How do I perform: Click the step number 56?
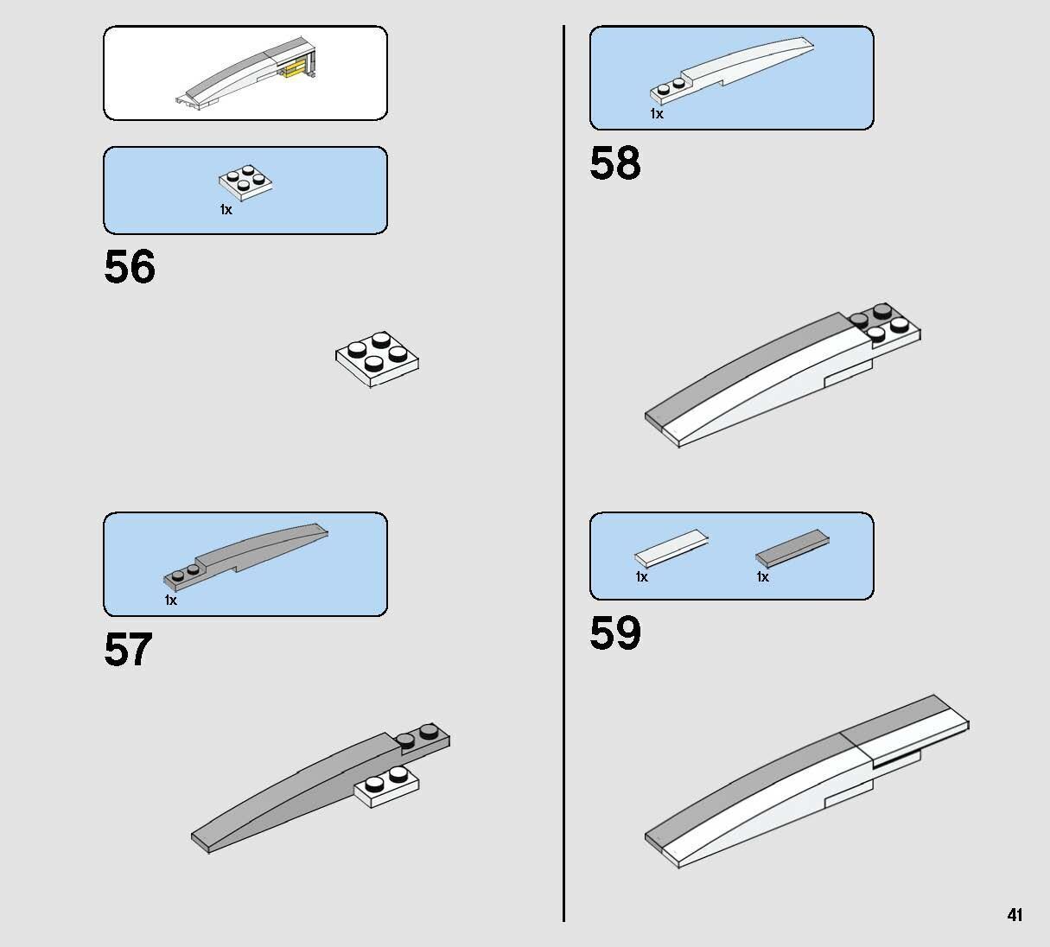coord(130,266)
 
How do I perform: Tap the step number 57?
coord(128,649)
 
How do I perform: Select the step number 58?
coord(615,163)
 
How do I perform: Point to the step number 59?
coord(615,633)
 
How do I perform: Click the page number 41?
coord(1015,914)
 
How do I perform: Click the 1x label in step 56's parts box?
coord(226,210)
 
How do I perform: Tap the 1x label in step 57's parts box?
coord(170,601)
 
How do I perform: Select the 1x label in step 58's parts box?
coord(657,113)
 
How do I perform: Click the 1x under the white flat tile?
coord(642,577)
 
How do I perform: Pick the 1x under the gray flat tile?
coord(762,577)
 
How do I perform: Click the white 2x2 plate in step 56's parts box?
coord(245,182)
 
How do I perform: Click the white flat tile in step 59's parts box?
coord(671,548)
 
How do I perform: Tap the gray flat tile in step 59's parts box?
coord(792,548)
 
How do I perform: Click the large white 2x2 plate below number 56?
coord(377,359)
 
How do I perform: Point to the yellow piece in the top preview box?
coord(296,70)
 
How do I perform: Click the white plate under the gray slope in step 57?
coord(387,787)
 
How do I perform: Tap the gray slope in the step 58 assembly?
coord(748,366)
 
